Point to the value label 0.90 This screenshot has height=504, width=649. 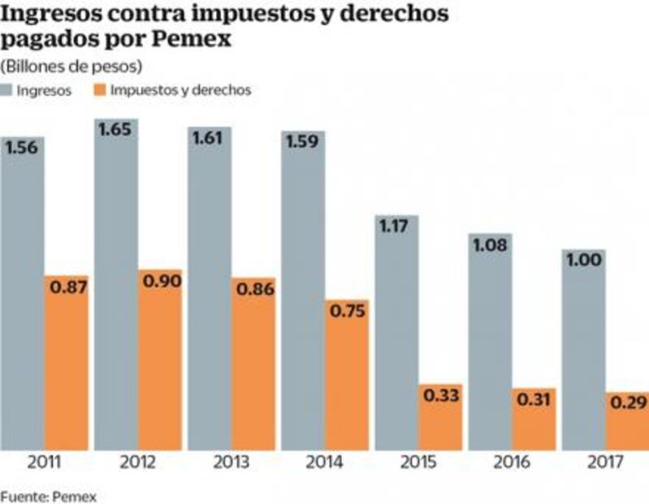click(161, 281)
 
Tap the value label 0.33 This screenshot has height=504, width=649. click(441, 396)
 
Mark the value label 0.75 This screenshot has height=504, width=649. click(348, 311)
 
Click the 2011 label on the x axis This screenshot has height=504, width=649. click(44, 463)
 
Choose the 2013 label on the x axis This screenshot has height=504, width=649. click(231, 463)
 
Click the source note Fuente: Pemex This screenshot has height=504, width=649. click(48, 494)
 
